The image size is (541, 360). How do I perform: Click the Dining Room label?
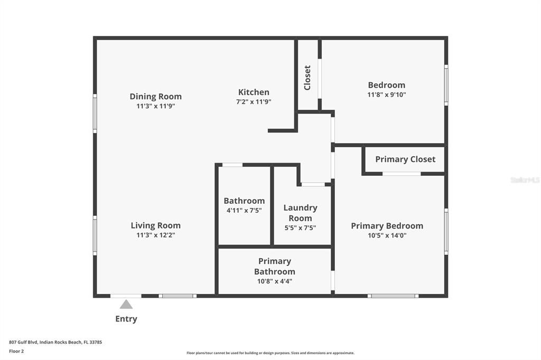(x=155, y=96)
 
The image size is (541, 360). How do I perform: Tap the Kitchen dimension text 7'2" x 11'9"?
(x=254, y=102)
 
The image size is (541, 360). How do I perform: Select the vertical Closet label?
(x=307, y=78)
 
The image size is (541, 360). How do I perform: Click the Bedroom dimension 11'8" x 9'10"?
(x=387, y=95)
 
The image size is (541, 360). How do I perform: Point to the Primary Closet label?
(x=405, y=159)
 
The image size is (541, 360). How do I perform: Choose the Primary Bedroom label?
(x=387, y=225)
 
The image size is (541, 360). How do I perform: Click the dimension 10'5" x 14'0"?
(x=387, y=236)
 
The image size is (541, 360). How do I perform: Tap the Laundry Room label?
(x=300, y=213)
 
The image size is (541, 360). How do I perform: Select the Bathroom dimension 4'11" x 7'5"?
(x=244, y=210)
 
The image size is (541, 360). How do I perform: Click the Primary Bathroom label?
(x=275, y=266)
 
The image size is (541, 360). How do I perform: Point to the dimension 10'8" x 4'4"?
(x=275, y=281)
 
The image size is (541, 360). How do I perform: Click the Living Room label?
(x=155, y=225)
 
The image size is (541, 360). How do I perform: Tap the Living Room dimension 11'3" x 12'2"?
(x=155, y=235)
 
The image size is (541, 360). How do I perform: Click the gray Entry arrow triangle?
(x=126, y=304)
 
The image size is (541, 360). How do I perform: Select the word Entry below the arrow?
(x=126, y=319)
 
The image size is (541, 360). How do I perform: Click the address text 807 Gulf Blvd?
(x=55, y=342)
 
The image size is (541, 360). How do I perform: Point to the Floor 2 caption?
(x=16, y=350)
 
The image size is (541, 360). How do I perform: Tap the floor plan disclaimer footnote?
(x=270, y=353)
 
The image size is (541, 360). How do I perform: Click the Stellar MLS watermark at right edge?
(x=525, y=180)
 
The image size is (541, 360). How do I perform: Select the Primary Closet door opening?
(x=402, y=174)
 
